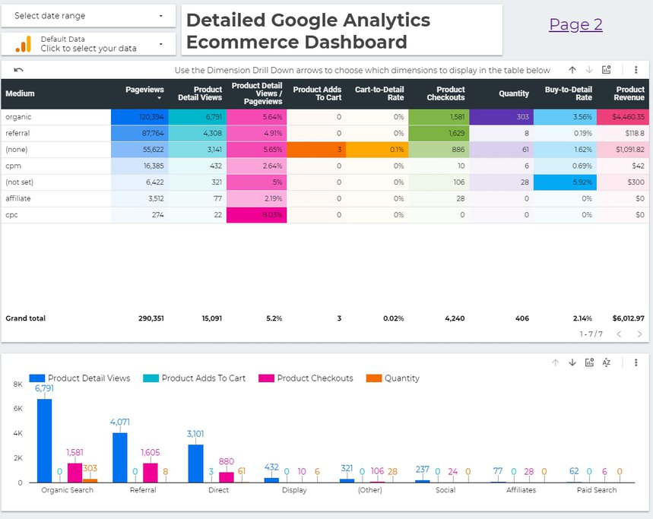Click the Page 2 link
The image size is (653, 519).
[575, 25]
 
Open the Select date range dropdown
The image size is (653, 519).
[88, 16]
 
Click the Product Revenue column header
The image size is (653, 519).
[629, 93]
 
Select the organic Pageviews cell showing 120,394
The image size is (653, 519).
[139, 117]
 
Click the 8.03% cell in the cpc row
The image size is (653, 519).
[258, 215]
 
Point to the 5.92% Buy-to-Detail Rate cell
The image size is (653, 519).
[561, 182]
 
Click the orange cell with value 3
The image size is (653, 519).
[317, 150]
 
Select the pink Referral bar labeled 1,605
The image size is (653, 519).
[151, 473]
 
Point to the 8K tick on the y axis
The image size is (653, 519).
[17, 385]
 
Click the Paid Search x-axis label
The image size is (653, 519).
[596, 490]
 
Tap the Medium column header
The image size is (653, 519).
[20, 93]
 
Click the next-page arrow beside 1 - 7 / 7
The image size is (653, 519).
[639, 334]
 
